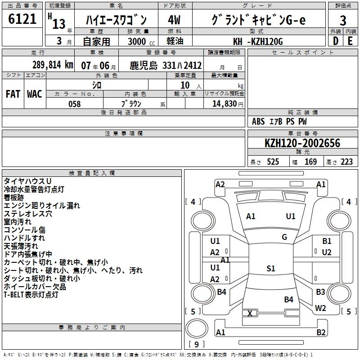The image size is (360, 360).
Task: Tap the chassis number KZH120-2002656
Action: [302, 144]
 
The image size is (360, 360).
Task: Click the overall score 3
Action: [343, 20]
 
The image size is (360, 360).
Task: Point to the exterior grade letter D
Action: [336, 41]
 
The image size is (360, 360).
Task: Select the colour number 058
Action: [74, 104]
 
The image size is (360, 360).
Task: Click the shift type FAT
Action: [13, 94]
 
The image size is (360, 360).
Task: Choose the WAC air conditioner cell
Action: [35, 94]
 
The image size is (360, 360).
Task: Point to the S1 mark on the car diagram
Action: [270, 269]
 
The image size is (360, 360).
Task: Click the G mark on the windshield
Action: [284, 237]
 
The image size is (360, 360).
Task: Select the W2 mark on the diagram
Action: [321, 308]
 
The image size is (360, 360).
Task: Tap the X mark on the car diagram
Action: [250, 313]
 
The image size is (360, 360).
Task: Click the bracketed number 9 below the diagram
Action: [196, 345]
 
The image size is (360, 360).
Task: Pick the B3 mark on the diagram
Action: [320, 292]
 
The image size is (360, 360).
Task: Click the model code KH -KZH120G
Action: [258, 42]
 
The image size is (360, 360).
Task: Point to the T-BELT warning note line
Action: [31, 295]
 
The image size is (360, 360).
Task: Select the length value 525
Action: [273, 162]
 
